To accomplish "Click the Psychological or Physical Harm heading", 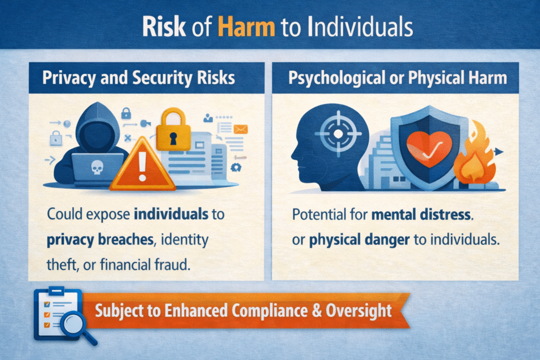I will [x=398, y=77].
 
